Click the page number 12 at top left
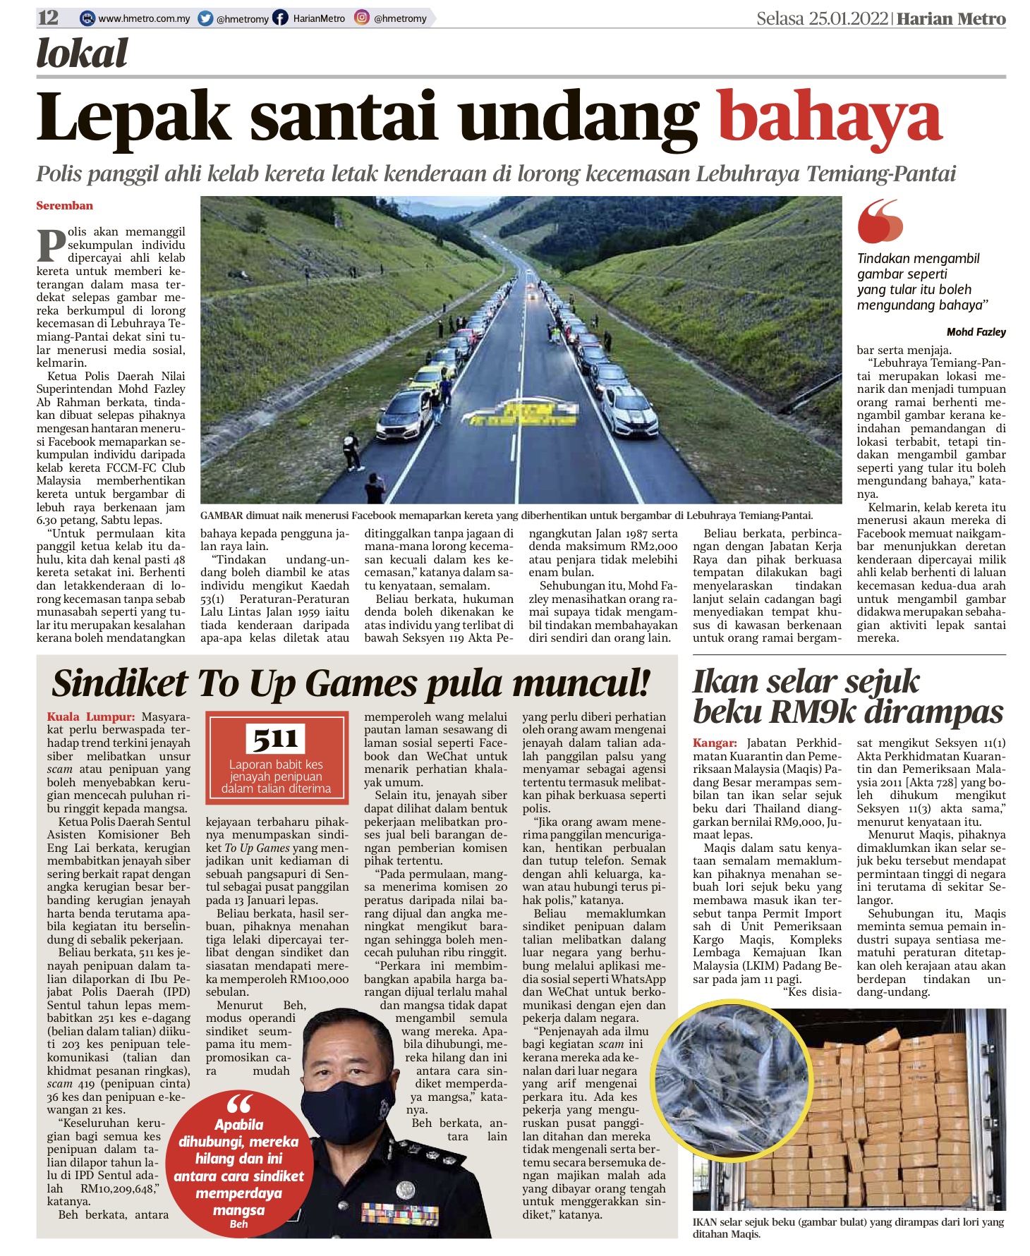tap(49, 18)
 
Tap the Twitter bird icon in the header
tap(206, 18)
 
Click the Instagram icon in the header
tap(362, 18)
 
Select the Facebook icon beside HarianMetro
tap(281, 18)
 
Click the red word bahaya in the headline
tap(829, 118)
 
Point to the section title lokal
tap(82, 54)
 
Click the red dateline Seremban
tap(65, 206)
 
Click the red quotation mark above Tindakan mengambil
tap(880, 221)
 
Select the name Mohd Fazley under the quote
tap(976, 332)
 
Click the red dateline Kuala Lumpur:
tap(91, 717)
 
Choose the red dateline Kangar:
tap(715, 743)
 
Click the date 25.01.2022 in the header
tap(848, 18)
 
